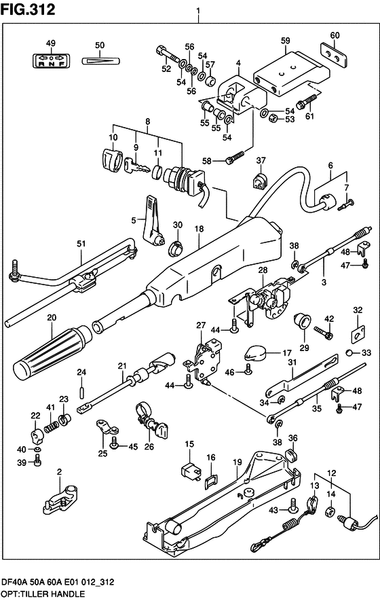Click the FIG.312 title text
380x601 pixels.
[28, 10]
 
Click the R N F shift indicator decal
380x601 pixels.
[51, 60]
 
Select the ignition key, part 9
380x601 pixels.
[136, 166]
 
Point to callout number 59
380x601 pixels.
[286, 41]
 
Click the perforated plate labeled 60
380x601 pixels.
[335, 55]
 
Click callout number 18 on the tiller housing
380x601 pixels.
[199, 229]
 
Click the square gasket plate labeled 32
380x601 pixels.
[358, 333]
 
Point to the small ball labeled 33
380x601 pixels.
[349, 352]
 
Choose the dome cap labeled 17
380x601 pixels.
[254, 352]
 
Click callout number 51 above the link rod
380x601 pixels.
[81, 244]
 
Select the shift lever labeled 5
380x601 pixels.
[154, 223]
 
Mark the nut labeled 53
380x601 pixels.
[272, 117]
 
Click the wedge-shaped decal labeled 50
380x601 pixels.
[101, 60]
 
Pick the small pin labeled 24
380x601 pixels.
[81, 392]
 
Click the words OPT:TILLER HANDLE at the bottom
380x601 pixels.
[43, 594]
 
